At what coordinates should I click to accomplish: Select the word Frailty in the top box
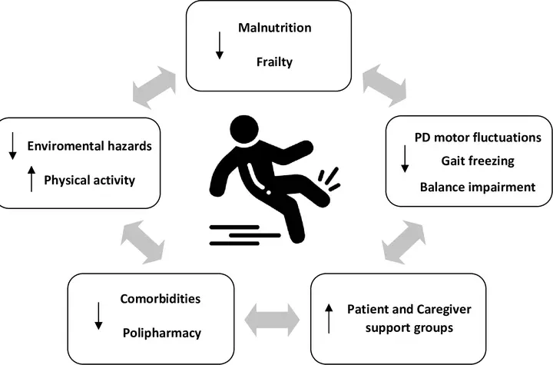274,62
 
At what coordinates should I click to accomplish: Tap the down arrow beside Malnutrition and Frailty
220,45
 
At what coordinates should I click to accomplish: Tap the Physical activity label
90,181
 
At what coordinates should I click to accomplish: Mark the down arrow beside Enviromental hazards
13,145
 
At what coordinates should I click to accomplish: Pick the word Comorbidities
158,298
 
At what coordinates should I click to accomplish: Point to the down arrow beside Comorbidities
98,316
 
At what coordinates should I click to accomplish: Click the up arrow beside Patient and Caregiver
328,316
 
